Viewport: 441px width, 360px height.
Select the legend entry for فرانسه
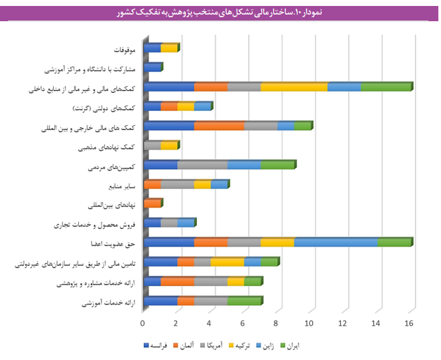coord(159,346)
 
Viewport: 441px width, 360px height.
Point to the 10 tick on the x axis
coord(310,324)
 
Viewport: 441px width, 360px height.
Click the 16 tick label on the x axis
coord(410,324)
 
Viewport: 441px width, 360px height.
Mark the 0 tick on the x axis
coord(143,324)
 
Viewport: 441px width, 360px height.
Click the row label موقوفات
coord(124,49)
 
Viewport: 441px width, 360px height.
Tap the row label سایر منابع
coord(121,186)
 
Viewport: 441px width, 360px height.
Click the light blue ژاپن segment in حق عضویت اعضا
coord(336,242)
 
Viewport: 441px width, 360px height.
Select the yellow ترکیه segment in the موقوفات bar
coord(169,48)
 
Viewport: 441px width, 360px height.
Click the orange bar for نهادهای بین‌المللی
coord(152,204)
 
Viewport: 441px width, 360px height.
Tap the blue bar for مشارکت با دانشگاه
coord(152,67)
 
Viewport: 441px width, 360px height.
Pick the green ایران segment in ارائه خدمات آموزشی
coord(245,301)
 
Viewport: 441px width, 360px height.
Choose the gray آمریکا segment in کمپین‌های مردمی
coord(202,165)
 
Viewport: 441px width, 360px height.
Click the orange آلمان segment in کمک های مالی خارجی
coord(219,126)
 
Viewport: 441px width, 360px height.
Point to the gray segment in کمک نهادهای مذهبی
coord(152,145)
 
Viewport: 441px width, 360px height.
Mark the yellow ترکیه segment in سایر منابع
coord(202,184)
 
